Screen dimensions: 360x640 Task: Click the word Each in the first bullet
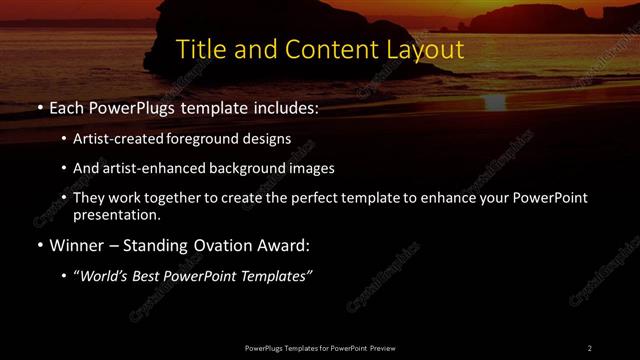[x=66, y=106]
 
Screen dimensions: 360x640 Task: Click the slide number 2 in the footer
[x=590, y=347]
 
